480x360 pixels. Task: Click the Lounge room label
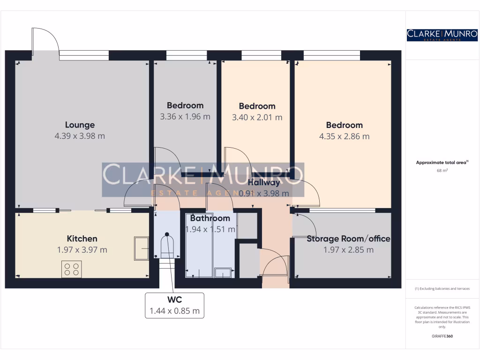click(x=80, y=125)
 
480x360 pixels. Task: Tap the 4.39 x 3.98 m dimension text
click(x=80, y=136)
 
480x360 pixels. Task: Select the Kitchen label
click(x=82, y=239)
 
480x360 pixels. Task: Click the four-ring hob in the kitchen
click(x=71, y=269)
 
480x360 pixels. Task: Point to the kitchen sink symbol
click(x=141, y=247)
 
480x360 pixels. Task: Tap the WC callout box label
click(x=174, y=299)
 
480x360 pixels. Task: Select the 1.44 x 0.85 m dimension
click(x=174, y=310)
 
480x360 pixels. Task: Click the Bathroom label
click(x=210, y=218)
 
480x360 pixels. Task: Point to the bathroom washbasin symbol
click(x=223, y=272)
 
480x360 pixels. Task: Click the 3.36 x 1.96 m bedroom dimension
click(x=185, y=117)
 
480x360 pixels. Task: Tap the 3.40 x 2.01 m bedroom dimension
click(x=257, y=118)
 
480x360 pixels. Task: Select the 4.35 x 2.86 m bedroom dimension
click(x=345, y=136)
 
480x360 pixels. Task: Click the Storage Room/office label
click(x=348, y=239)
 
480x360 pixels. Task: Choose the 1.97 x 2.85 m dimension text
click(x=348, y=250)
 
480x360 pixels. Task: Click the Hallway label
click(x=264, y=182)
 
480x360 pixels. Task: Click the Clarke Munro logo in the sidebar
click(x=442, y=35)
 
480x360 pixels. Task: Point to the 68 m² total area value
click(x=442, y=171)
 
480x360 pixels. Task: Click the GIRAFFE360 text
click(x=442, y=336)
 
